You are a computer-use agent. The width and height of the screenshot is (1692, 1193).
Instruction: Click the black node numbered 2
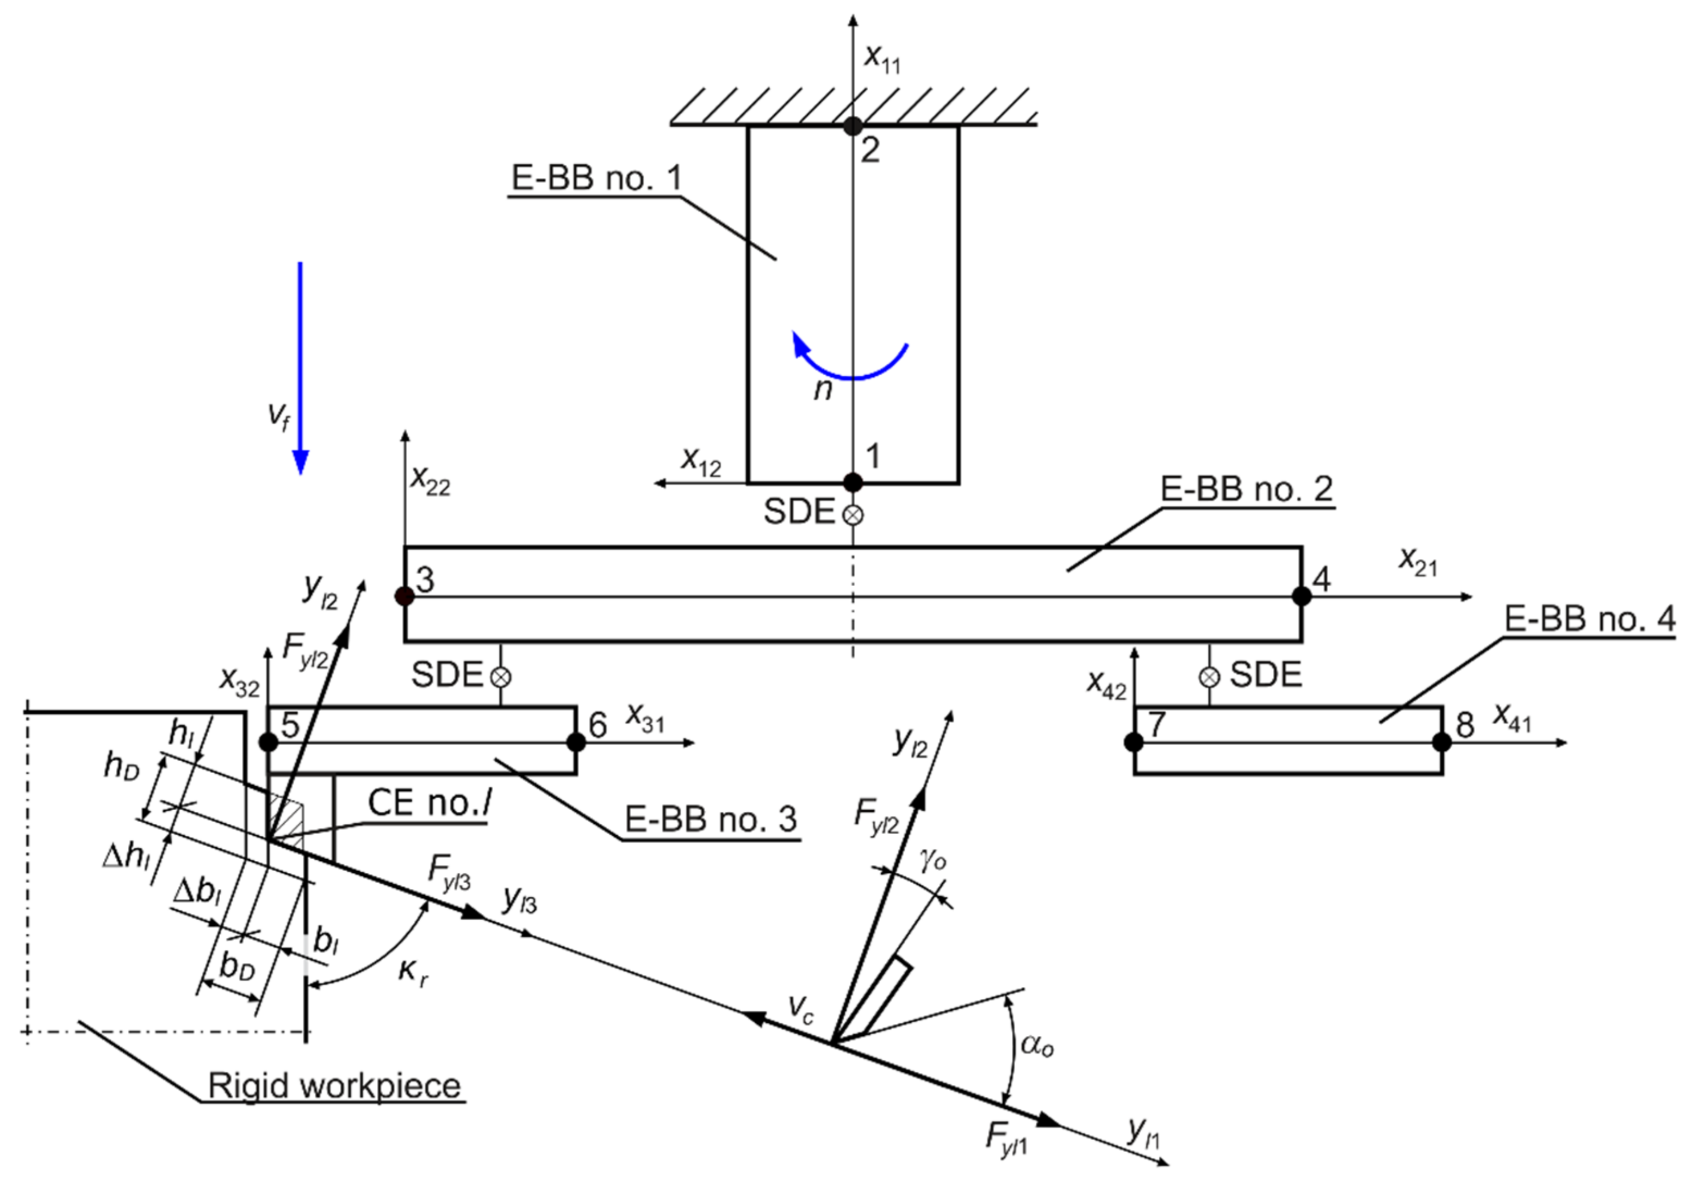point(853,125)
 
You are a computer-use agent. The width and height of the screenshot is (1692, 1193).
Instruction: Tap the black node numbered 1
point(853,483)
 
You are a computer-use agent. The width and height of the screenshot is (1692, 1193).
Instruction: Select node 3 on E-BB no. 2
point(405,596)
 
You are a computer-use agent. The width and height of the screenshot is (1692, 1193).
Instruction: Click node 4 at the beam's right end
point(1302,596)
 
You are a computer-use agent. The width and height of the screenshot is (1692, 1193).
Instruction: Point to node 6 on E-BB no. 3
point(576,742)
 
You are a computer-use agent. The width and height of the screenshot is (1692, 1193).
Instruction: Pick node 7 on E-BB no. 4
point(1134,742)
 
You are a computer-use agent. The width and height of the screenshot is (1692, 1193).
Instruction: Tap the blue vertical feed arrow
point(300,369)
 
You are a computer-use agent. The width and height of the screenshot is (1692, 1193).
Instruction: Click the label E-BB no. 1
point(597,178)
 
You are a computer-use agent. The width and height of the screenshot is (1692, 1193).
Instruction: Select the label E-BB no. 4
point(1589,619)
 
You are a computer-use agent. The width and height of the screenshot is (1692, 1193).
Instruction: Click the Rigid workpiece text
point(334,1085)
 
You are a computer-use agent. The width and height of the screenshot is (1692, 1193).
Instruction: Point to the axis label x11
point(881,58)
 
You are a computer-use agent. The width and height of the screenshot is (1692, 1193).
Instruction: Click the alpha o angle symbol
point(1037,1045)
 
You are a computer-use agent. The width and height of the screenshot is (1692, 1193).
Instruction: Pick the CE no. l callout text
point(429,803)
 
